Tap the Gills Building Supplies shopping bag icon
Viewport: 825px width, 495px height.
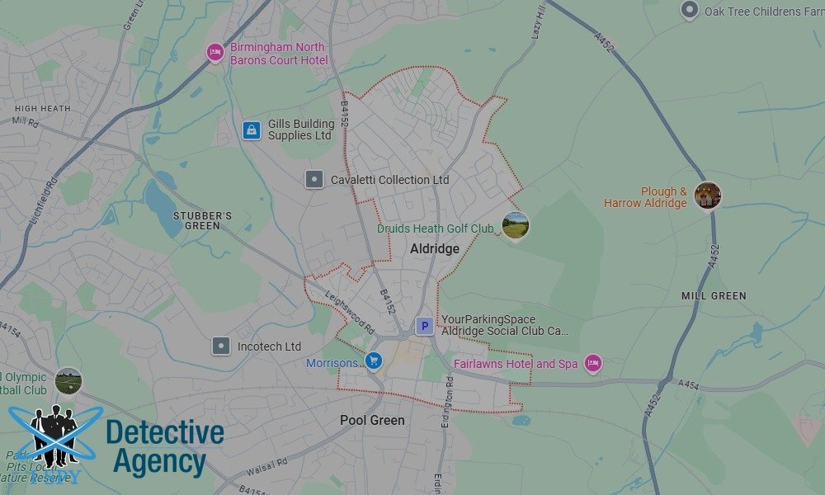[251, 130]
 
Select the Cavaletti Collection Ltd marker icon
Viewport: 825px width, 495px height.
[313, 180]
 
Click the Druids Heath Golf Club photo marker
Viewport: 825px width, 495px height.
[515, 224]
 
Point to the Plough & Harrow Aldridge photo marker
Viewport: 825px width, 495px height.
[707, 196]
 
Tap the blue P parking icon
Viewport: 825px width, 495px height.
[424, 327]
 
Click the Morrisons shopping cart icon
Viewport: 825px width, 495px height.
[373, 361]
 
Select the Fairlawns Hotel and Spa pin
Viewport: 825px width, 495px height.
[592, 363]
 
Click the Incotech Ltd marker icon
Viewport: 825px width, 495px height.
[220, 346]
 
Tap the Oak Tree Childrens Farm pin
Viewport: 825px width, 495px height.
[689, 11]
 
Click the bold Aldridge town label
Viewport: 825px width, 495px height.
[435, 249]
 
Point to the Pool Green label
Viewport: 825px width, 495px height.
[372, 421]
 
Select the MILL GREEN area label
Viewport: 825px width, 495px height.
[714, 295]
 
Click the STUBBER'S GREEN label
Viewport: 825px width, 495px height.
[202, 221]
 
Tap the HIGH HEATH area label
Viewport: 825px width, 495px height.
[42, 108]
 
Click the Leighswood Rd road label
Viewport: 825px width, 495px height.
[349, 316]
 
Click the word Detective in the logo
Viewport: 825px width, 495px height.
[165, 432]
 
